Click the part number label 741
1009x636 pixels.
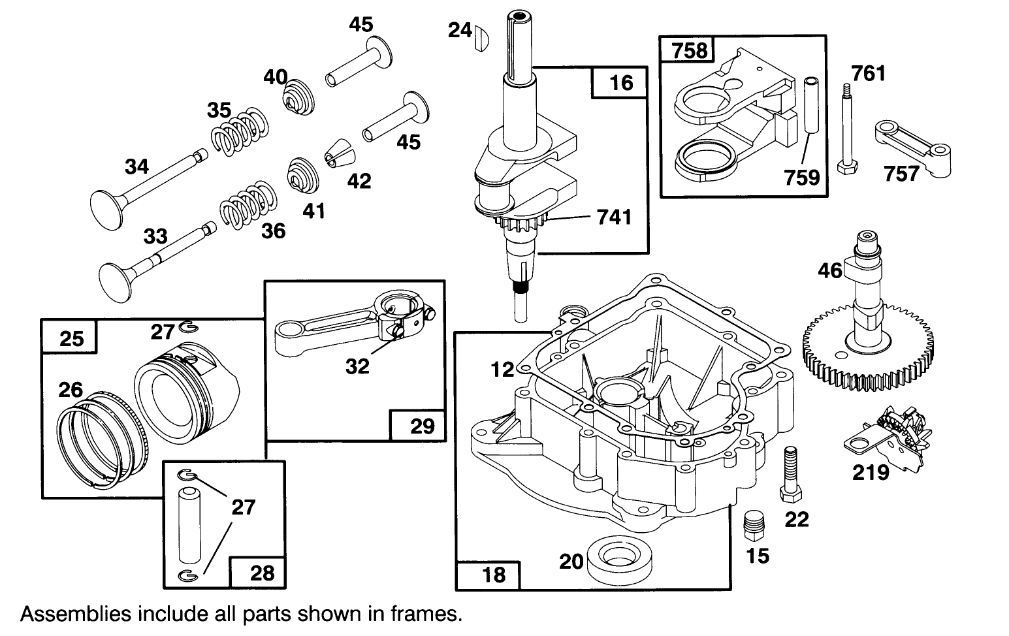tap(614, 216)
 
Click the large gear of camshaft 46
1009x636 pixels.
tap(869, 353)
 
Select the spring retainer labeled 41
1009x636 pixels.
tap(302, 175)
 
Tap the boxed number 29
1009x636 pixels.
tap(422, 426)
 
